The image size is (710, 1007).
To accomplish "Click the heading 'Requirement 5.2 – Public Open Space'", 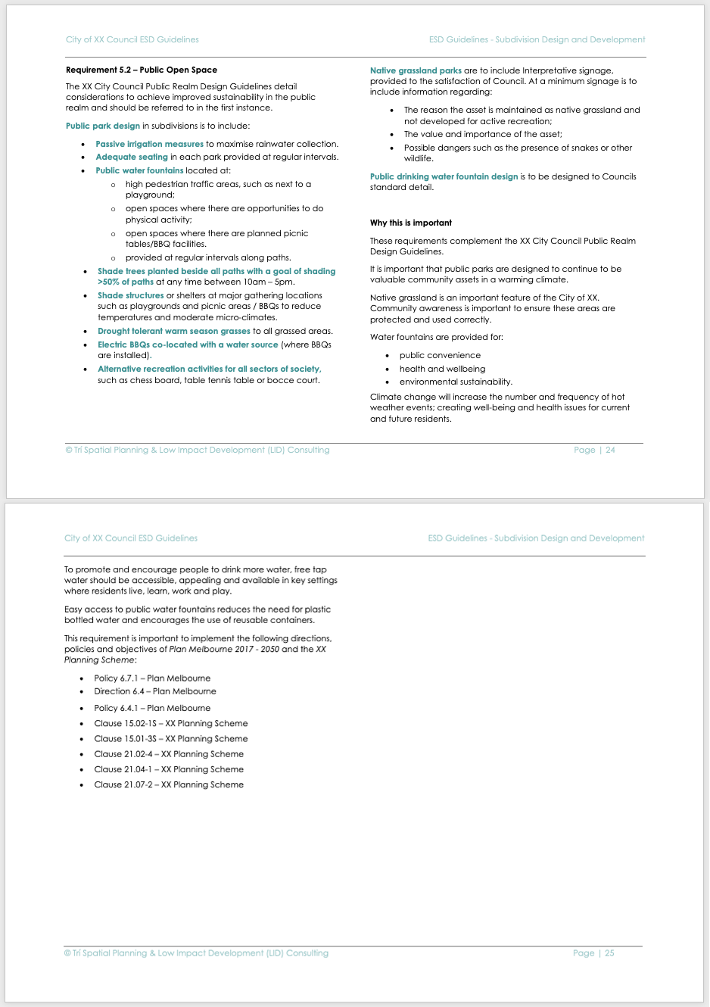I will click(x=142, y=70).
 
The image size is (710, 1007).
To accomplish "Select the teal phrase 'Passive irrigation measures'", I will click(x=149, y=144).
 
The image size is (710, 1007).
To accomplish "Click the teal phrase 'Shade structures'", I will click(x=130, y=295).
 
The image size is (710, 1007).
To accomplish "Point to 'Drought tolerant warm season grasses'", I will click(x=174, y=331).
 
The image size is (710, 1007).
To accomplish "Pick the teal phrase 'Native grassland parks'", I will click(x=416, y=70).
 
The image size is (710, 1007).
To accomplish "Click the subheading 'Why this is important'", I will click(x=411, y=223).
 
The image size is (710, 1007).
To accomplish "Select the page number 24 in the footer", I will click(x=610, y=450).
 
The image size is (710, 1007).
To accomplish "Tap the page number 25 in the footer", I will click(x=609, y=953).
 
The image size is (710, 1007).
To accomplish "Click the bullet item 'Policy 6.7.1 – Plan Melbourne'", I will click(x=152, y=678).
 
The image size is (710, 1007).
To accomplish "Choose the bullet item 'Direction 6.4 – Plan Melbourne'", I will click(x=155, y=691).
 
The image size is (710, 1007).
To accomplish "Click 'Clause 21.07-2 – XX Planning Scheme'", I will click(x=169, y=784).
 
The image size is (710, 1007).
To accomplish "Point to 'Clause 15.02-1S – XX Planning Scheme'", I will click(x=171, y=723).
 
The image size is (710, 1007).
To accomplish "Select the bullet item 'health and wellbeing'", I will click(x=442, y=369).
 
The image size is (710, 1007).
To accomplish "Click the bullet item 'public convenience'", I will click(x=440, y=355).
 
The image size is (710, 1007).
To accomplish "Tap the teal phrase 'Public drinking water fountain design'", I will click(x=444, y=176).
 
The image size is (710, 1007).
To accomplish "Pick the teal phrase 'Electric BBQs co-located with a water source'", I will click(x=188, y=344).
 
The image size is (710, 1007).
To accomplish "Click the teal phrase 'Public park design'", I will click(x=103, y=126).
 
